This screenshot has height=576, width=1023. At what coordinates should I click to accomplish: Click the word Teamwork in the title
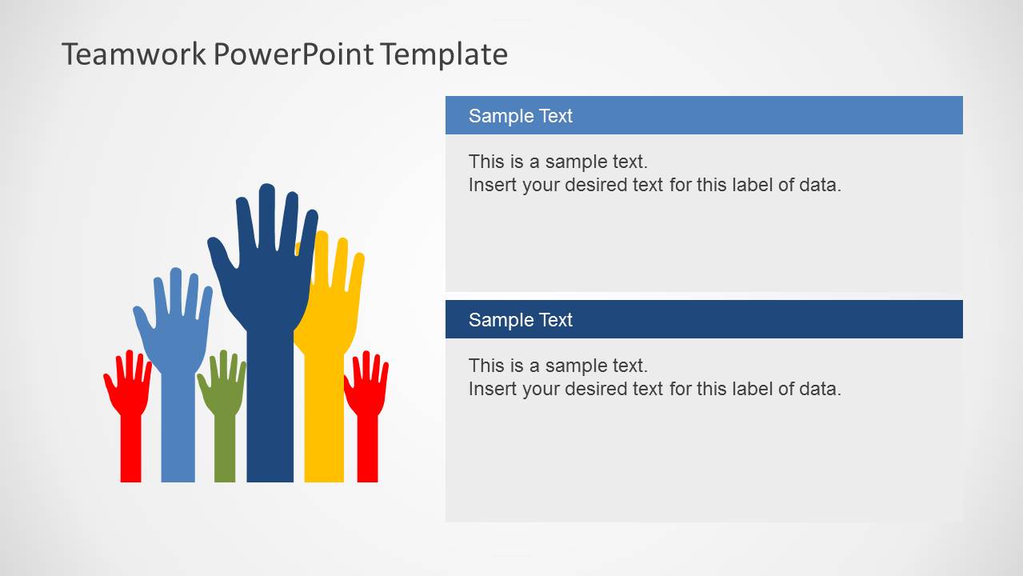(134, 54)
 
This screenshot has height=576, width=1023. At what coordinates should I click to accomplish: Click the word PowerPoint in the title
(293, 54)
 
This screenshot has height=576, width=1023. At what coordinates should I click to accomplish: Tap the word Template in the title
(443, 54)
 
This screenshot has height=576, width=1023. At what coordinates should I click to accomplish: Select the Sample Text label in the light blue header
(520, 116)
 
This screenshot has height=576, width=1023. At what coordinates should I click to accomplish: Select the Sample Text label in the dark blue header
(520, 320)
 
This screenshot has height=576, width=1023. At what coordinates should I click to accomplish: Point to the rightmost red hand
(367, 400)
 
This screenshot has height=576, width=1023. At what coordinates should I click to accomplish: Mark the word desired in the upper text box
(613, 185)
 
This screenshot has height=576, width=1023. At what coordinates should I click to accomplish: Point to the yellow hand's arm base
(324, 456)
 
